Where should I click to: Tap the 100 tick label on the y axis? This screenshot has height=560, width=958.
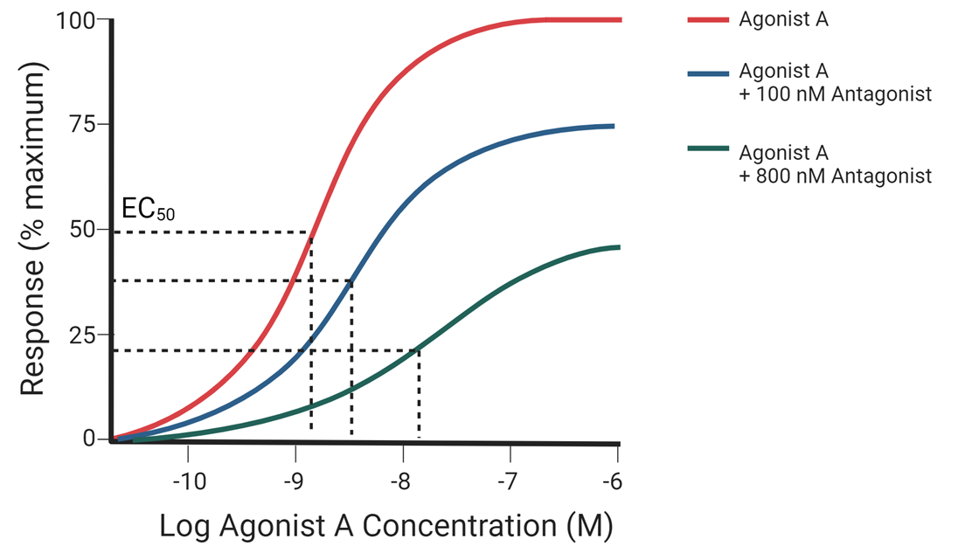tap(77, 19)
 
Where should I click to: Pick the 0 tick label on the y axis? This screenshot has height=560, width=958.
tap(89, 439)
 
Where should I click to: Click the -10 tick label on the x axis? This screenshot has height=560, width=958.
tap(189, 481)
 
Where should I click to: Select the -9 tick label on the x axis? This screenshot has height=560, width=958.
tap(295, 481)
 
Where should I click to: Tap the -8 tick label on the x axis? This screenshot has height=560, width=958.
tap(402, 481)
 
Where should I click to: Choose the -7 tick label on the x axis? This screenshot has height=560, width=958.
tap(510, 481)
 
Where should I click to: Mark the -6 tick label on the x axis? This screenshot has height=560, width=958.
tap(616, 481)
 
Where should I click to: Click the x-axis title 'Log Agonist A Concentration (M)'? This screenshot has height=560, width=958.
tap(386, 527)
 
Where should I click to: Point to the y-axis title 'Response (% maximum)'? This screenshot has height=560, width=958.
tap(32, 234)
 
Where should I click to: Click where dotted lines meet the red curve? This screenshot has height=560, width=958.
tap(311, 232)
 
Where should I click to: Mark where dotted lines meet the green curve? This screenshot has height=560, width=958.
tap(419, 350)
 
